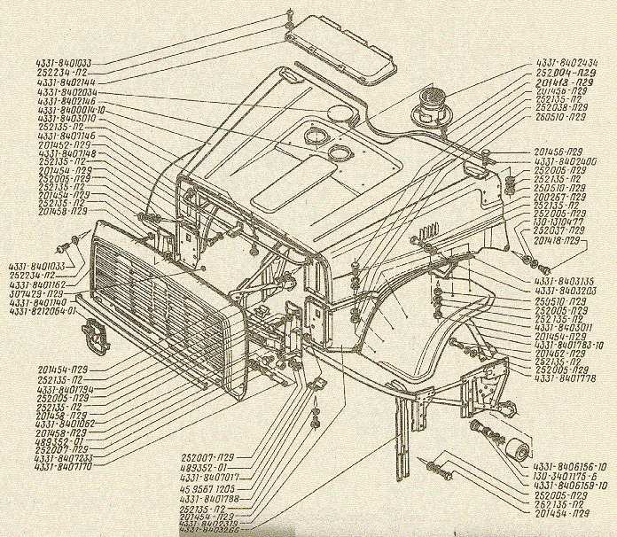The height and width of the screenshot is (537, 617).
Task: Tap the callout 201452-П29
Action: pyautogui.click(x=63, y=144)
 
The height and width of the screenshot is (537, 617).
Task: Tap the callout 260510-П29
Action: pyautogui.click(x=560, y=116)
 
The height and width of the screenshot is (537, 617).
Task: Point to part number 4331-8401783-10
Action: pyautogui.click(x=568, y=345)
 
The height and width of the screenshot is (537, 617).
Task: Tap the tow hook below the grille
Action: pyautogui.click(x=93, y=334)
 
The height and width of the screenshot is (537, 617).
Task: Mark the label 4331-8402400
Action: pyautogui.click(x=566, y=160)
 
